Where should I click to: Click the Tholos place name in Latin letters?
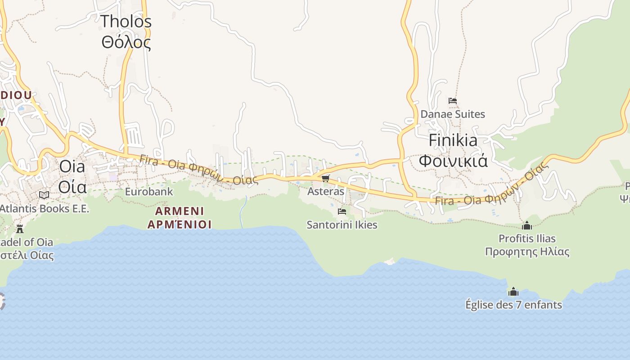point(126,22)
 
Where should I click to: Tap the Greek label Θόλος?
point(126,42)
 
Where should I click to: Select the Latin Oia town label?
point(72,166)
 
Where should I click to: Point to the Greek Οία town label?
point(72,186)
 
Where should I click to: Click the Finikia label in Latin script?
point(453,140)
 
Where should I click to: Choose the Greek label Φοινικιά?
point(453,161)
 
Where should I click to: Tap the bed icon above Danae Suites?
point(453,101)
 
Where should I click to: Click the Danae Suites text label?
point(453,114)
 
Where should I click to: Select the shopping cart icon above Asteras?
point(326,179)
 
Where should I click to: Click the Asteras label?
point(326,191)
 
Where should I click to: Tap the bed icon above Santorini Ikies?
point(342,211)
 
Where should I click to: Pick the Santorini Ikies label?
point(342,225)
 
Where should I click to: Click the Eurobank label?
point(149,192)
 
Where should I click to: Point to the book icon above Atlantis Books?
point(44,195)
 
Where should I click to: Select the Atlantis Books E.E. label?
point(44,209)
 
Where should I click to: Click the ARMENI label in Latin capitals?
point(180,211)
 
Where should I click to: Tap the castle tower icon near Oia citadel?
point(20,229)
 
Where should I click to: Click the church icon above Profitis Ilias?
point(527,225)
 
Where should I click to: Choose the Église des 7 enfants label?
point(513,305)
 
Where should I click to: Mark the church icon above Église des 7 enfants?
point(513,292)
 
